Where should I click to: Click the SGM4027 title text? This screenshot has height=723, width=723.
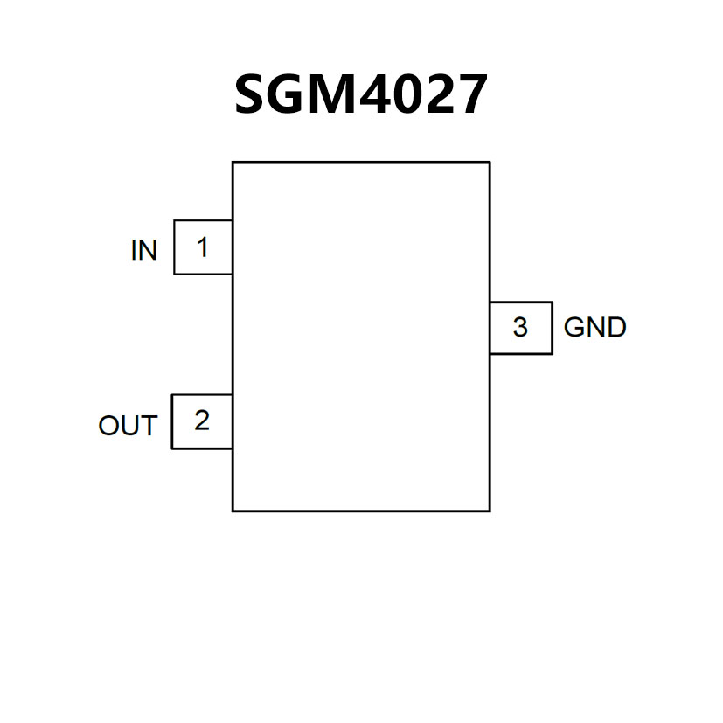[x=360, y=94]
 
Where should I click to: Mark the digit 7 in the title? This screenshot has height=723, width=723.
[x=472, y=95]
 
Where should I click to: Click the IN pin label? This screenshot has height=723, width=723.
[x=144, y=251]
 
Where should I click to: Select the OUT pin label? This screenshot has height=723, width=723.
[x=128, y=427]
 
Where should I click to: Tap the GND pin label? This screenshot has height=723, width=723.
[x=595, y=328]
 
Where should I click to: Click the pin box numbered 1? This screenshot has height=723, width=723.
[x=203, y=247]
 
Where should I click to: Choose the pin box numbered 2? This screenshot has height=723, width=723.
[x=202, y=421]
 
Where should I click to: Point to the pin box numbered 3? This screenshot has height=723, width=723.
[x=520, y=328]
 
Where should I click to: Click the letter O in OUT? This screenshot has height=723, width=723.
[x=108, y=427]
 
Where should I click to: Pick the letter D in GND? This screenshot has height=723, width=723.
[x=617, y=328]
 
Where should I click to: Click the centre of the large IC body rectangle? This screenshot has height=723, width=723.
[x=361, y=337]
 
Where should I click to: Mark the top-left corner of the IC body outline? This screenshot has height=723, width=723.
[x=233, y=163]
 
